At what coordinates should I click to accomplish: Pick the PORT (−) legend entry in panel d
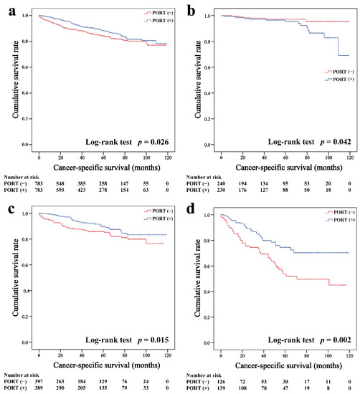pos(335,207)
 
